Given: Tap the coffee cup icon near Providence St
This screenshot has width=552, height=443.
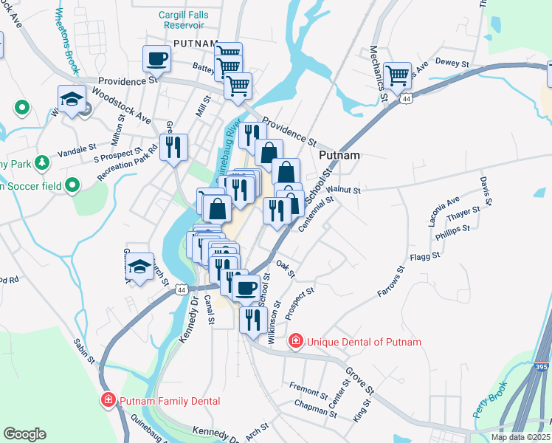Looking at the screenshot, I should coord(156,58).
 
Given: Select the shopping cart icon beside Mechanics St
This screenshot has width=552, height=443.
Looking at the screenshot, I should coord(397,74).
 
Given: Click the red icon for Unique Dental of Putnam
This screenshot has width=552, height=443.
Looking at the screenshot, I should coord(296,341).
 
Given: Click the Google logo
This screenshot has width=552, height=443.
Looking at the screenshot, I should coord(24,434).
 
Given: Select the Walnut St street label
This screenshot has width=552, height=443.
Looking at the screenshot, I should coord(345,190).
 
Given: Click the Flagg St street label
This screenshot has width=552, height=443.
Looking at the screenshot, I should coord(425,256).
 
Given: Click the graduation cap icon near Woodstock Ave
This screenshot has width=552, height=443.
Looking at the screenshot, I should coord(72,100).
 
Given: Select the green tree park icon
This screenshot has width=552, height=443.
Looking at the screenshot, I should coord(42,162).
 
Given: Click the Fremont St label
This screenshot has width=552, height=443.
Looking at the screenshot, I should coord(308,390).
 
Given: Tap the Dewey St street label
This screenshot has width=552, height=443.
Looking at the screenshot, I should coord(452,63).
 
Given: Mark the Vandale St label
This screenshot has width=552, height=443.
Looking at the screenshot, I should coord(77,147).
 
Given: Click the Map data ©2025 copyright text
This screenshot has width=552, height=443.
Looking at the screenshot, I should coord(519,437).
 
